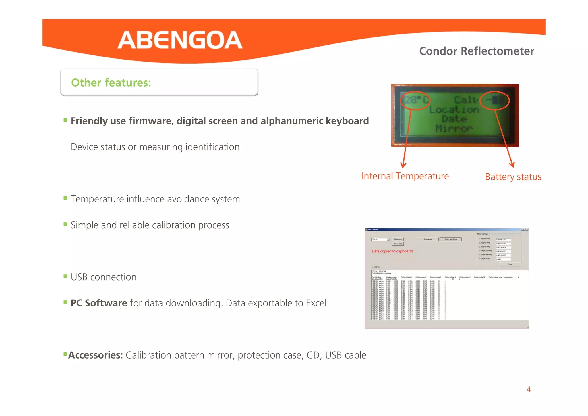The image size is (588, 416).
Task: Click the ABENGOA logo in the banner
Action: [180, 40]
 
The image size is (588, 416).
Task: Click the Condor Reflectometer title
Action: [476, 51]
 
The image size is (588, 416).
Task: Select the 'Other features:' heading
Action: [111, 83]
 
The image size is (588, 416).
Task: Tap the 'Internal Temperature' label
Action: [405, 176]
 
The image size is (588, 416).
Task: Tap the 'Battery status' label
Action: [513, 177]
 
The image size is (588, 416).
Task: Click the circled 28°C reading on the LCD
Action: [415, 100]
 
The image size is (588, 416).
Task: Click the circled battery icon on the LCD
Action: [495, 100]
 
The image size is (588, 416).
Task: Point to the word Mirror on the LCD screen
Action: [454, 128]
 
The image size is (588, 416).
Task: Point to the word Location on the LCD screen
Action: [454, 110]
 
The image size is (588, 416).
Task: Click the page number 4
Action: [528, 390]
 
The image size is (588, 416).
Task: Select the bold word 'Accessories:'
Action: [96, 355]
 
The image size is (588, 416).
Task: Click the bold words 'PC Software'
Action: [99, 303]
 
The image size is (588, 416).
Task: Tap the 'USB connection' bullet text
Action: [103, 277]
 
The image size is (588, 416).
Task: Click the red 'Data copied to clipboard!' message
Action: [392, 251]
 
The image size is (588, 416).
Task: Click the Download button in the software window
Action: [428, 239]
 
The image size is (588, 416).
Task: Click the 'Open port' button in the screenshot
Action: [398, 239]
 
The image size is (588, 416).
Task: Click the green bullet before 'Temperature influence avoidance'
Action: [65, 198]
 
